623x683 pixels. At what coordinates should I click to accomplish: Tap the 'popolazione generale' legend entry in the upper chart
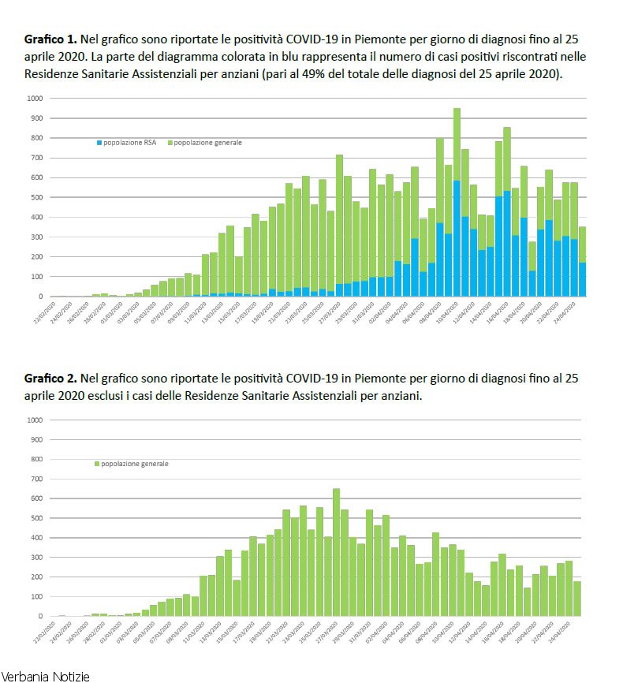pyautogui.click(x=207, y=143)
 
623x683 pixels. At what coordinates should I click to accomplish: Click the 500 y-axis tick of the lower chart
pyautogui.click(x=35, y=518)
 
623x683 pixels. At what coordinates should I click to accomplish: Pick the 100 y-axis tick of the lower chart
pyautogui.click(x=35, y=597)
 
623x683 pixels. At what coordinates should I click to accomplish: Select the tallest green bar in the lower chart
pyautogui.click(x=336, y=552)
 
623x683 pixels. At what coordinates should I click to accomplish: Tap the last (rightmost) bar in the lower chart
pyautogui.click(x=577, y=599)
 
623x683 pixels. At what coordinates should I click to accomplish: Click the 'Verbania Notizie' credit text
pyautogui.click(x=45, y=676)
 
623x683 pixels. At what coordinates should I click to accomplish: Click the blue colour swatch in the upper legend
pyautogui.click(x=99, y=143)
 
